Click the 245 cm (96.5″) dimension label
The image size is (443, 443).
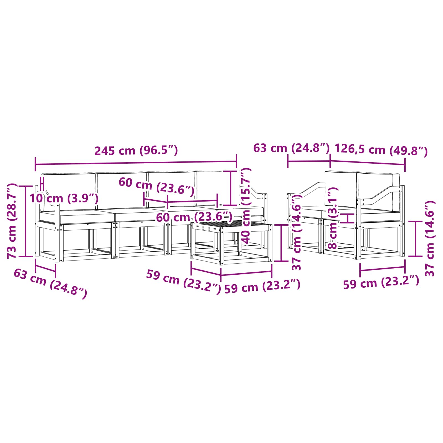pos(136,151)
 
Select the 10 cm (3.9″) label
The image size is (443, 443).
pos(64,198)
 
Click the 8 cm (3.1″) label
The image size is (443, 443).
pos(333,218)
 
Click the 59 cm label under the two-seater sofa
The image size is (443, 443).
pos(381,282)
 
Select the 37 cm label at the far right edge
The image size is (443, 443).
pos(430,238)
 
